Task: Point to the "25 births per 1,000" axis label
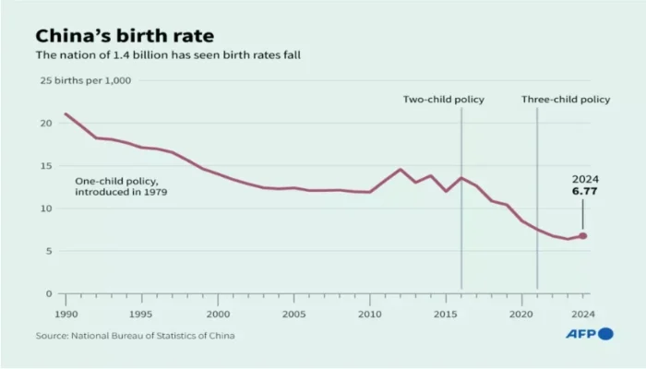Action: [85, 80]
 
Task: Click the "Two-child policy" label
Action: [443, 99]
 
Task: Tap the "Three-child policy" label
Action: [565, 99]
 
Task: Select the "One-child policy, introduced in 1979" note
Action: [121, 187]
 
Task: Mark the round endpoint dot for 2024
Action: [582, 236]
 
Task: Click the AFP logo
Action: [588, 334]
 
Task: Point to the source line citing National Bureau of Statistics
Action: [135, 335]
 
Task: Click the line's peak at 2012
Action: [400, 170]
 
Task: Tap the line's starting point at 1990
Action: [66, 113]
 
